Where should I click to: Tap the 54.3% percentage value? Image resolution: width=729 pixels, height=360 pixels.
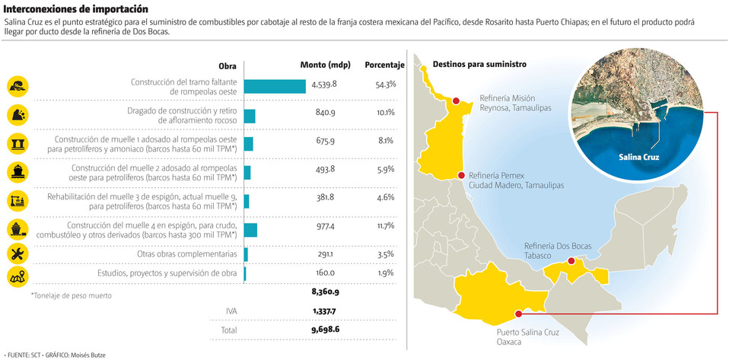click(385, 84)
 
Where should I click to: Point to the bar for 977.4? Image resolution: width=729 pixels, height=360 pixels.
click(250, 229)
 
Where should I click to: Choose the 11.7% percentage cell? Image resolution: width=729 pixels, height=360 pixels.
click(385, 226)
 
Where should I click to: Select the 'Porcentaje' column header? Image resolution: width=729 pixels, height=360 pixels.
click(384, 65)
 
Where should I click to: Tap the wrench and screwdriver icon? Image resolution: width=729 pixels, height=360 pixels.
click(17, 254)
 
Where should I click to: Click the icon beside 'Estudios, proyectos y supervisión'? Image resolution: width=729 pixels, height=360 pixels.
click(17, 277)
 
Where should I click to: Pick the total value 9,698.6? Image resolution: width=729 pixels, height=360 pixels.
click(325, 331)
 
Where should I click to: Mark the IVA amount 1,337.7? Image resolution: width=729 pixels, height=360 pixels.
click(323, 311)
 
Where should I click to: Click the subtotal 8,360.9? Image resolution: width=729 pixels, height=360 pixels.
click(325, 292)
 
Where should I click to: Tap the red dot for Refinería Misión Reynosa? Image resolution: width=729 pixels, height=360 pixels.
click(456, 100)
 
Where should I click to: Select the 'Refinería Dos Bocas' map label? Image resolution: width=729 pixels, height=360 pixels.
click(558, 246)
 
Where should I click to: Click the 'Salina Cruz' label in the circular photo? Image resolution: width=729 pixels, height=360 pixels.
click(638, 158)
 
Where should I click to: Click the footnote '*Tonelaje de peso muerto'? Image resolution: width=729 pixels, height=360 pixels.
click(71, 295)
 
